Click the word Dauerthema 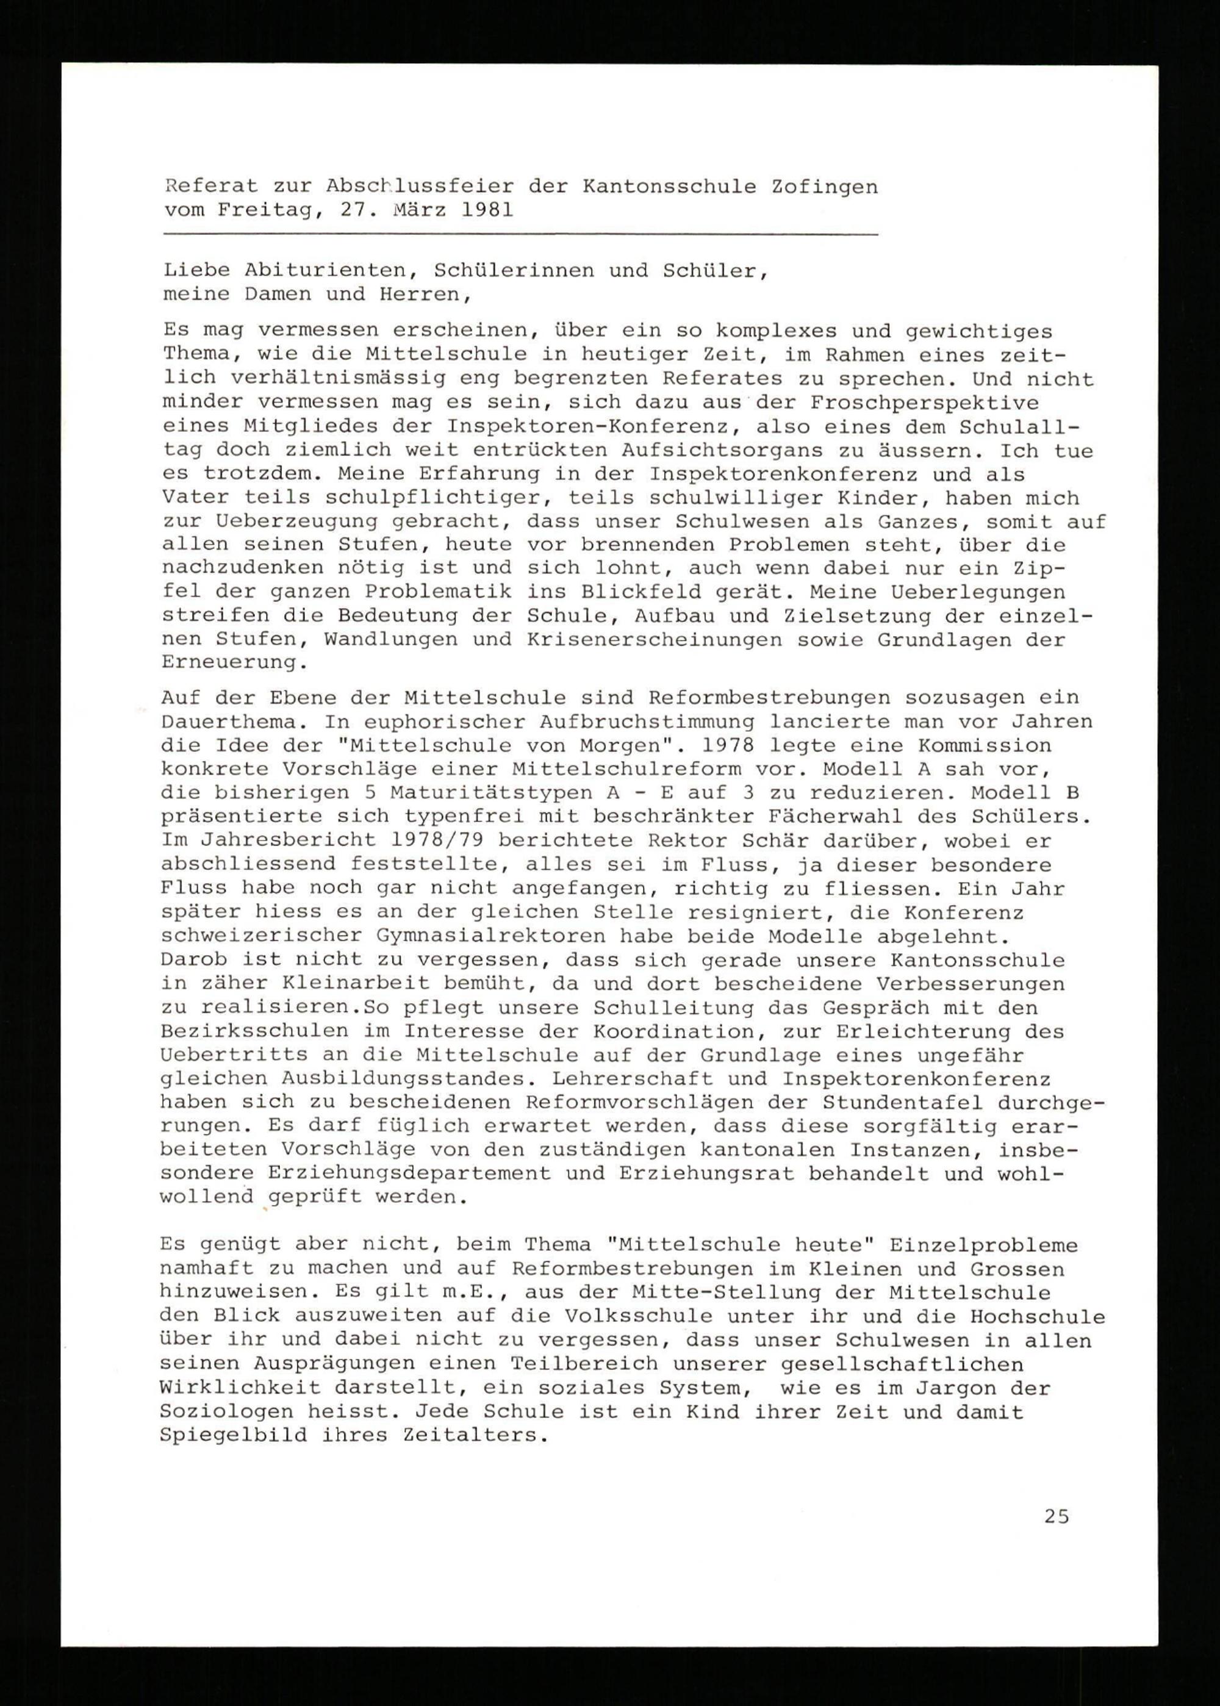point(233,723)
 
